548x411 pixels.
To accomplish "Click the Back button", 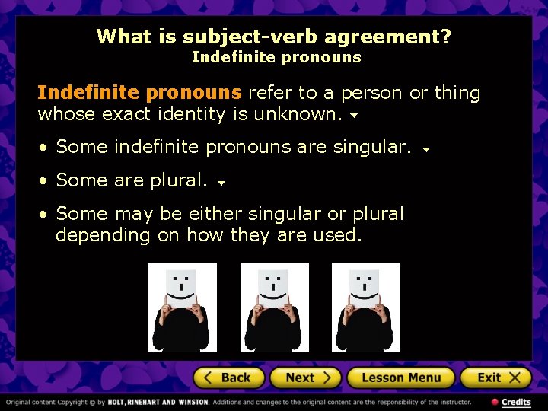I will click(x=228, y=378).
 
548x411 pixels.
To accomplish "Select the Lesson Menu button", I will click(x=400, y=378).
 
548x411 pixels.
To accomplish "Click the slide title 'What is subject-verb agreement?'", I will click(x=273, y=36).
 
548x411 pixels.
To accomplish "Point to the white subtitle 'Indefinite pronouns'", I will click(x=276, y=57).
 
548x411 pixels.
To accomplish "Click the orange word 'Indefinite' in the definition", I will click(x=88, y=93).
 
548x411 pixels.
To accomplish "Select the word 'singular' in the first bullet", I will click(x=372, y=146).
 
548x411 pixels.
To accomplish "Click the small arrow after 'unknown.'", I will click(x=353, y=117).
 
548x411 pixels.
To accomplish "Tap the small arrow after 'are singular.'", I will click(x=426, y=149).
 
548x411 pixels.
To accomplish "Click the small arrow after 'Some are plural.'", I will click(x=221, y=183).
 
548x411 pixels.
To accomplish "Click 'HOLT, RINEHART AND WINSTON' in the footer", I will click(x=157, y=402).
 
